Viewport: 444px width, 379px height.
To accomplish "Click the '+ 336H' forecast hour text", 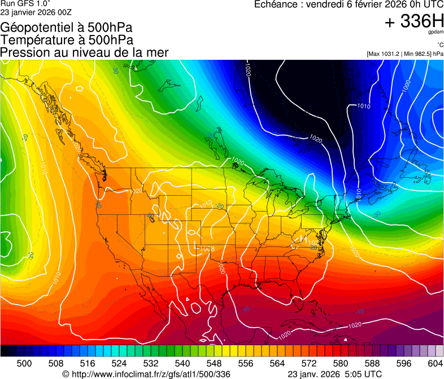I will [x=414, y=22].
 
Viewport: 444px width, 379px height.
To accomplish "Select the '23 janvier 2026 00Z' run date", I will [x=36, y=12].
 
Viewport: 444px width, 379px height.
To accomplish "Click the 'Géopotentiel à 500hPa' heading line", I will [x=67, y=27].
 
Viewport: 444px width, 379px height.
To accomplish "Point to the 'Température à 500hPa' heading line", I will [x=67, y=39].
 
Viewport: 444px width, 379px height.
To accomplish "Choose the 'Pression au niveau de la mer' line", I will [x=84, y=52].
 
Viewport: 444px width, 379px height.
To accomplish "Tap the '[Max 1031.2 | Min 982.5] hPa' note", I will [x=404, y=54].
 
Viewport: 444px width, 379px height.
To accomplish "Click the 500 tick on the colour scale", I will [x=24, y=363].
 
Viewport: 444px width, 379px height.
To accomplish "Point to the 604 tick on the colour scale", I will [x=436, y=363].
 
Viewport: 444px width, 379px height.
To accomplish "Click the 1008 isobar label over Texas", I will [x=207, y=248].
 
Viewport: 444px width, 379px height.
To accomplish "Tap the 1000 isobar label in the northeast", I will [x=406, y=86].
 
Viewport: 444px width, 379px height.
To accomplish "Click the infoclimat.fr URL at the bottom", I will [x=146, y=374].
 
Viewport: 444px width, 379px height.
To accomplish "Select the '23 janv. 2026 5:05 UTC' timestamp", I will [x=334, y=374].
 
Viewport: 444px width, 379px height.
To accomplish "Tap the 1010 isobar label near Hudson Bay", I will [x=364, y=106].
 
